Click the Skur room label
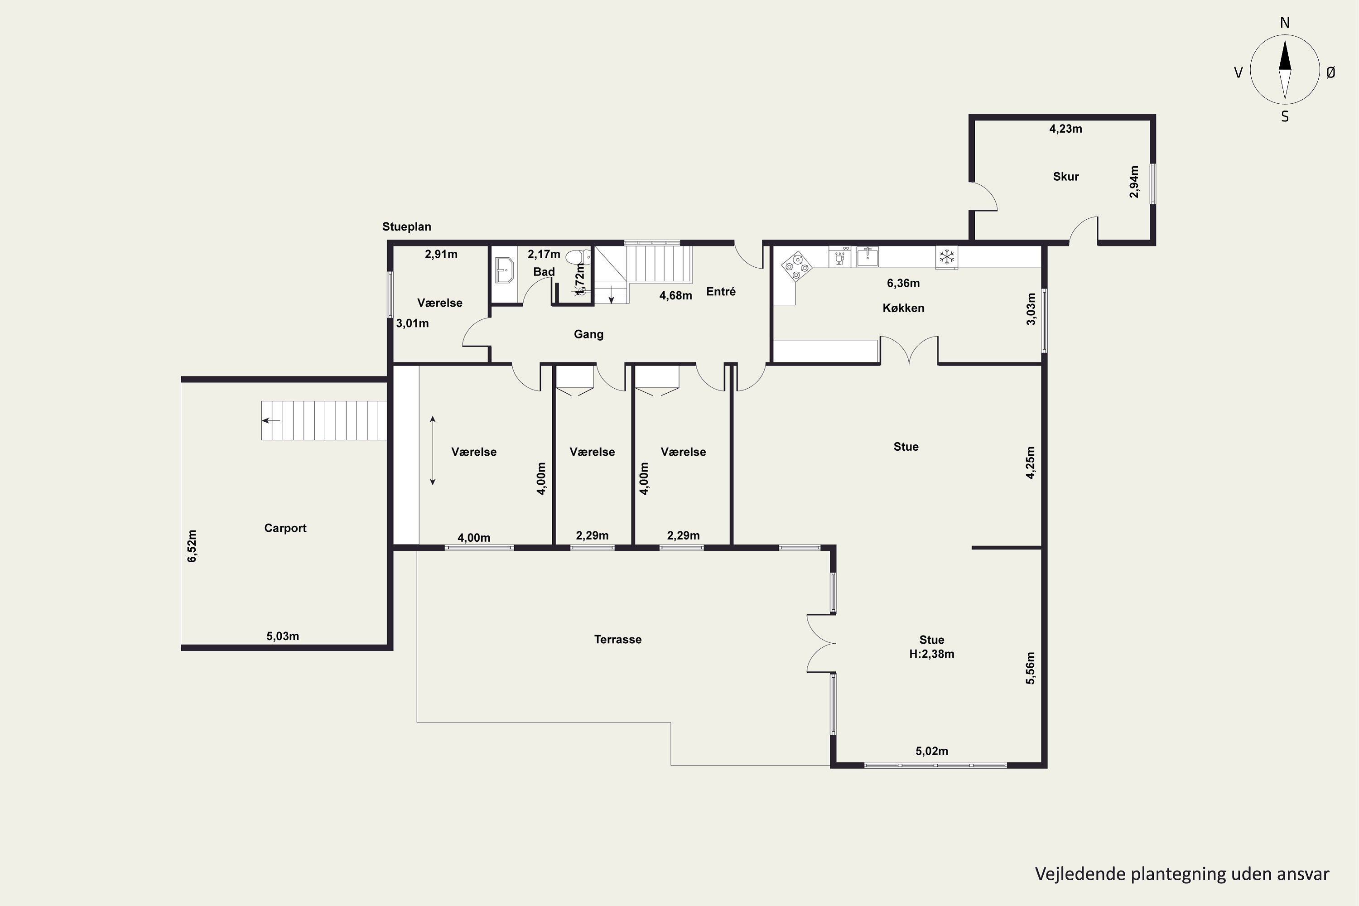(x=1065, y=177)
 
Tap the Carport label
(x=285, y=528)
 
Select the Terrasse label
(x=618, y=640)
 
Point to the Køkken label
(x=903, y=308)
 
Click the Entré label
(x=721, y=291)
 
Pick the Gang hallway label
(x=588, y=334)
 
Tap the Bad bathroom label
(x=544, y=271)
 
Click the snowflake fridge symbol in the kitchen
(x=946, y=257)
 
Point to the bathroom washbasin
(x=505, y=270)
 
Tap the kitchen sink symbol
(x=867, y=256)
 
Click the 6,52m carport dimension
(x=192, y=546)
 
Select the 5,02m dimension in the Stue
(x=931, y=751)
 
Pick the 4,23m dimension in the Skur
(x=1065, y=129)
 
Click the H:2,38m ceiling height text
(x=931, y=654)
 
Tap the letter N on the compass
(x=1284, y=23)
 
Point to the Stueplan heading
(x=406, y=227)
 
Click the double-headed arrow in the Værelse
(x=432, y=451)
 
